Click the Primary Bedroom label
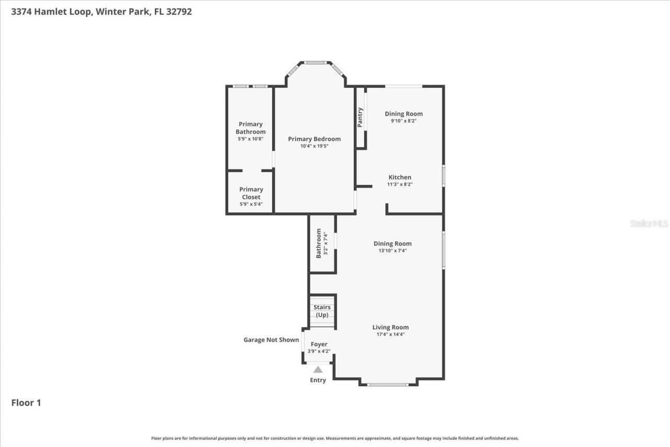(314, 139)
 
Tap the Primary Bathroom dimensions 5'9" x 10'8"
(250, 139)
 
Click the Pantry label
(360, 117)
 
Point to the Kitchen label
(399, 177)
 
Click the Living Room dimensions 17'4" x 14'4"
(390, 334)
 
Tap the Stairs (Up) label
(322, 311)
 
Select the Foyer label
(319, 344)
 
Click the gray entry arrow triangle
(318, 370)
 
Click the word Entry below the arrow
(318, 380)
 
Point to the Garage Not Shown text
(271, 340)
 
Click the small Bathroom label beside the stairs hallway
(319, 243)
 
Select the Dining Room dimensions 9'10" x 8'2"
(404, 121)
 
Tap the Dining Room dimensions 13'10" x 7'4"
(393, 251)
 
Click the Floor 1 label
(26, 403)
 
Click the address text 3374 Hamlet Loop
(52, 12)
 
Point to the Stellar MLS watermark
(649, 223)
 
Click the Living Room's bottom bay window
(388, 385)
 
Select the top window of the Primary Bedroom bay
(316, 63)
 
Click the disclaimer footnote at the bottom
(335, 438)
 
